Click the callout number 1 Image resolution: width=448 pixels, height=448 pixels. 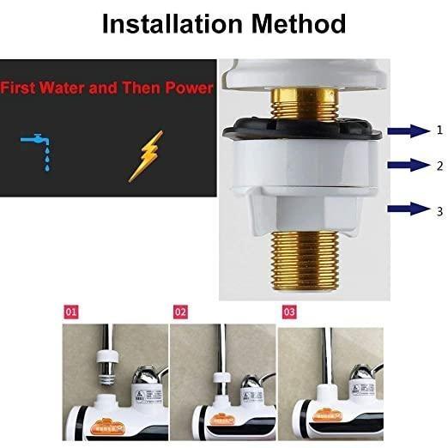[439, 130]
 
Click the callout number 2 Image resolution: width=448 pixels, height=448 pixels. [439, 164]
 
